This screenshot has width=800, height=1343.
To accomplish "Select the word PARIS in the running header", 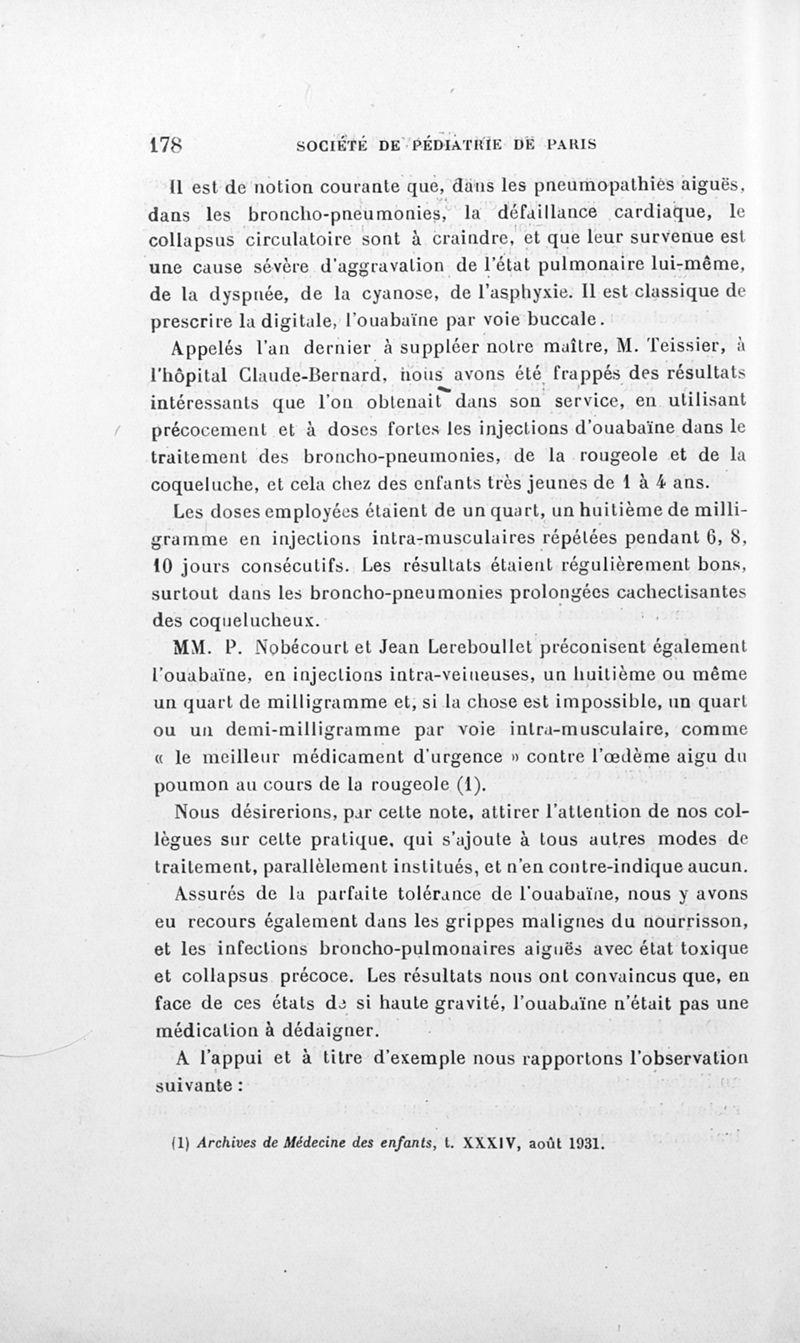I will click(571, 142).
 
